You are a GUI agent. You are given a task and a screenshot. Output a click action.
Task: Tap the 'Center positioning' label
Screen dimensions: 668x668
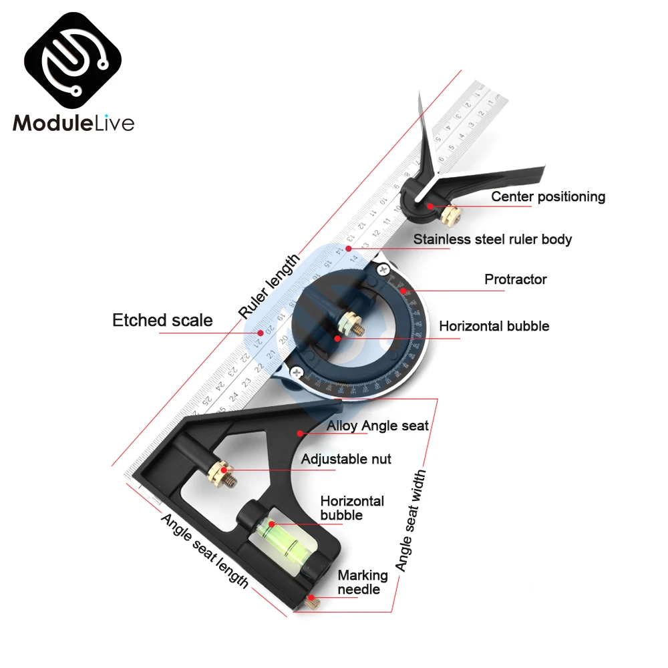[548, 196]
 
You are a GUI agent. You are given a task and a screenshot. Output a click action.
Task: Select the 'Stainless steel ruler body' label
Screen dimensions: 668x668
[492, 239]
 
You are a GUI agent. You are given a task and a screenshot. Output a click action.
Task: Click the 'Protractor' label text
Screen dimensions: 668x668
[515, 279]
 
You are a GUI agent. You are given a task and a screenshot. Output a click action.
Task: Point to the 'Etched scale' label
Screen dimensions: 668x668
[162, 320]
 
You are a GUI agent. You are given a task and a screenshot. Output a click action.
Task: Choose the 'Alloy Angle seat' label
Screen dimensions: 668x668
[377, 426]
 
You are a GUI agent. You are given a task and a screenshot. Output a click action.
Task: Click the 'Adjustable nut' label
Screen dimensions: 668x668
[346, 459]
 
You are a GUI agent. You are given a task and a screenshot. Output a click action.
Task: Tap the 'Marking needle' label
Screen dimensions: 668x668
[362, 582]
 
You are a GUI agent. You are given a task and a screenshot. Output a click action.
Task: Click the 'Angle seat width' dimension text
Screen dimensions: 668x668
[410, 520]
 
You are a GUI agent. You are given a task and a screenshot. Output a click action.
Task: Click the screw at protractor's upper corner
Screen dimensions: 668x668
[383, 270]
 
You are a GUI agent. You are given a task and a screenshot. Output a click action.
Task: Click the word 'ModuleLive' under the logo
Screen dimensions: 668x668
[73, 123]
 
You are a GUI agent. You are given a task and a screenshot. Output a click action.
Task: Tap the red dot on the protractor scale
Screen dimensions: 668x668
[403, 291]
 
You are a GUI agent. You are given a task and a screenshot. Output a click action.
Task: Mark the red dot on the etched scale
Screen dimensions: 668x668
[261, 332]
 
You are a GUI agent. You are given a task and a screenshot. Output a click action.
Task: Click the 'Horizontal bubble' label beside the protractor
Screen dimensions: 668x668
[494, 326]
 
